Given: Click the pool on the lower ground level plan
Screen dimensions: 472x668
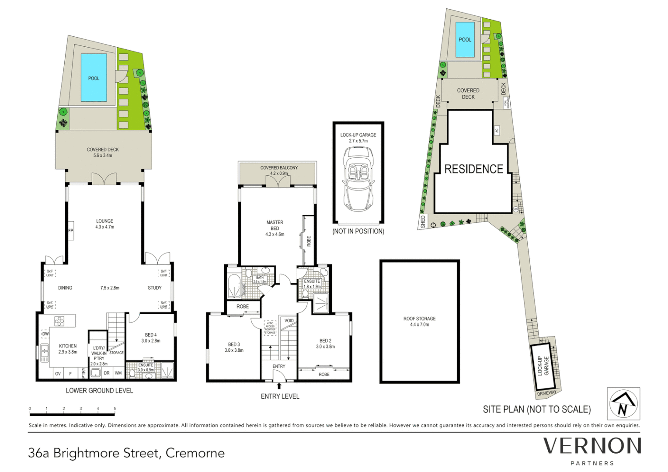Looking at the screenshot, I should click(94, 77).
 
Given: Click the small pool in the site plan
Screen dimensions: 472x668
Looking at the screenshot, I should click(465, 40).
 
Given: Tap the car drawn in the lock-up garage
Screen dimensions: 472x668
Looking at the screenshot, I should click(358, 179).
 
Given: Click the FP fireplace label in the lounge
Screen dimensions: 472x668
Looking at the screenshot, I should click(70, 231).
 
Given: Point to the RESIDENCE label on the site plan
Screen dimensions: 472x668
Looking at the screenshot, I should click(473, 169).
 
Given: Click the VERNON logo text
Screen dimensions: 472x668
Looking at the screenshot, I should click(592, 446).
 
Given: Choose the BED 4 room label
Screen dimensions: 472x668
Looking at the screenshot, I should click(150, 335).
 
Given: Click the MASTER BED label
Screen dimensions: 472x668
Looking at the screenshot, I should click(275, 225).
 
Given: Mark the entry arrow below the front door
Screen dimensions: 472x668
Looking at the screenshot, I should click(279, 386).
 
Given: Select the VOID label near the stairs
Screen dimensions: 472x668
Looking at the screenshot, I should click(289, 321).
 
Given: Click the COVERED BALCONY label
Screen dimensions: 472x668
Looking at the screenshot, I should click(279, 168).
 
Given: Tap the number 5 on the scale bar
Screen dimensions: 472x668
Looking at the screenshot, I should click(115, 409).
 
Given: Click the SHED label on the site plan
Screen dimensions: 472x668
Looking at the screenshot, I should click(423, 222).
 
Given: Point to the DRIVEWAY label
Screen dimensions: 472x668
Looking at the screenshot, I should click(546, 393).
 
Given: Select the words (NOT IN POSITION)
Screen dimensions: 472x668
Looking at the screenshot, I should click(358, 231).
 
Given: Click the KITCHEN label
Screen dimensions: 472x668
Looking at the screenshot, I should click(68, 346).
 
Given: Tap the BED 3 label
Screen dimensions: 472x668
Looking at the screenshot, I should click(234, 344).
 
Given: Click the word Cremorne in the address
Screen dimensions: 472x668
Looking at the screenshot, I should click(195, 453).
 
